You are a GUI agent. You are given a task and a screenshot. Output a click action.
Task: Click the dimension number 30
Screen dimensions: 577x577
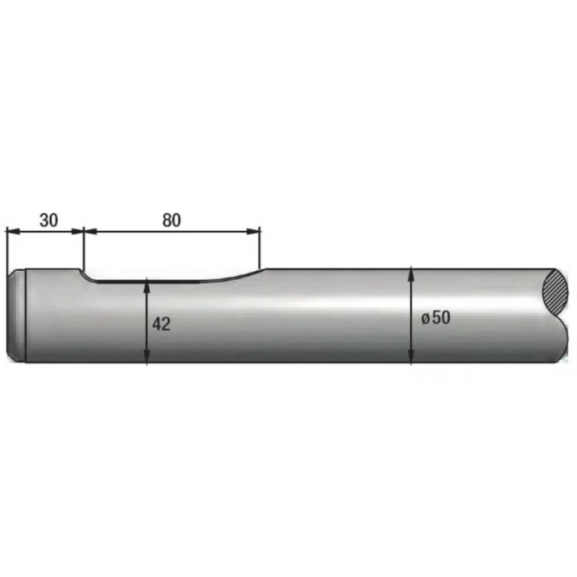click(x=49, y=220)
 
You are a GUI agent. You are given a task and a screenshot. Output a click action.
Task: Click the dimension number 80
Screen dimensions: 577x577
click(x=172, y=220)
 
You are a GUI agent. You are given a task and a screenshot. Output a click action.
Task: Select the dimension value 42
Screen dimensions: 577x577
click(x=162, y=324)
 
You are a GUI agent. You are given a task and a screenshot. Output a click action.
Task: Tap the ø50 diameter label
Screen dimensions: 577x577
click(x=436, y=317)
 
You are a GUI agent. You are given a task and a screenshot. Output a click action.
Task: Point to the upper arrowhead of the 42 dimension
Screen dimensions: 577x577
click(x=147, y=285)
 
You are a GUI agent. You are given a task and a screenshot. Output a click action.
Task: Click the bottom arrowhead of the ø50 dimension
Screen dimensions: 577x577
click(x=411, y=356)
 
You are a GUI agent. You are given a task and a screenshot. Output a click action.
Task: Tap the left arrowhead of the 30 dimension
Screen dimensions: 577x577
click(x=13, y=231)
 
